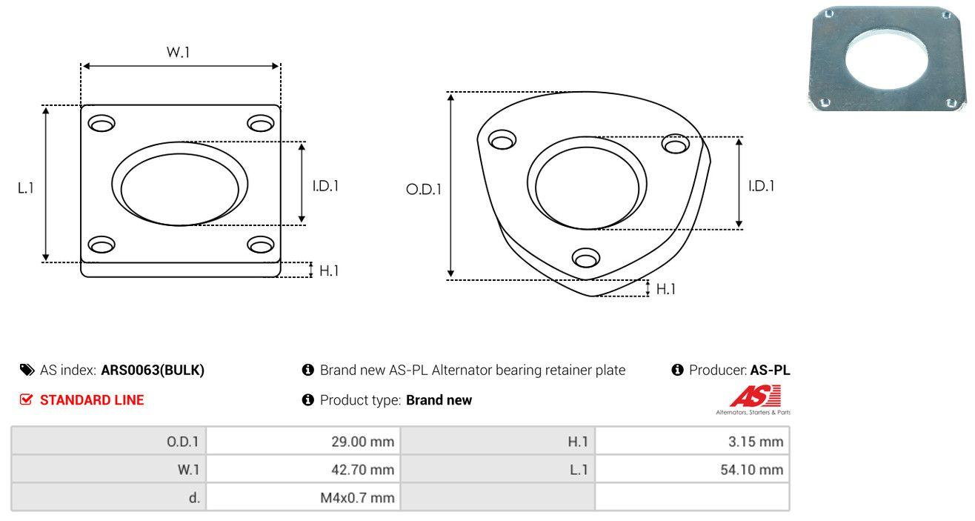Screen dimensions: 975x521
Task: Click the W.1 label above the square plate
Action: [x=179, y=52]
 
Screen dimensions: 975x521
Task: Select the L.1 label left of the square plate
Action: [x=26, y=188]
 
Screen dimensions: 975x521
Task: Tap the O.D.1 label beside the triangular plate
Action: [x=424, y=189]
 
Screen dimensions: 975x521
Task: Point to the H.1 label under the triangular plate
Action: [x=666, y=289]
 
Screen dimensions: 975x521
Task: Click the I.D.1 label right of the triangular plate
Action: [x=762, y=186]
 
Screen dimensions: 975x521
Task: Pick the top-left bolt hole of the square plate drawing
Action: [x=102, y=123]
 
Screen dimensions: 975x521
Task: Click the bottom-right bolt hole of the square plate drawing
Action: [x=261, y=245]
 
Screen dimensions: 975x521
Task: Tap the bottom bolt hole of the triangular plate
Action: [x=586, y=258]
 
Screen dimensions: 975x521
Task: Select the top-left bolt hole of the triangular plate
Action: [x=502, y=139]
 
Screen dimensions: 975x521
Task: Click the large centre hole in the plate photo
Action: [x=887, y=59]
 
